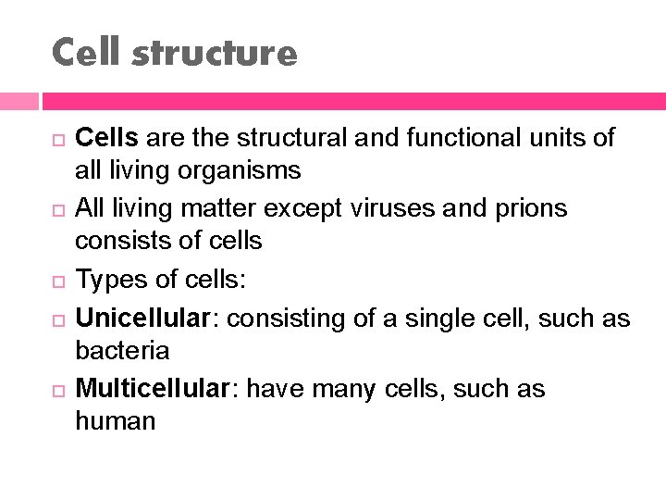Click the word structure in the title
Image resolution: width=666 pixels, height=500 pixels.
pyautogui.click(x=215, y=53)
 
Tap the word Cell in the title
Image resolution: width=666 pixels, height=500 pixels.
pyautogui.click(x=87, y=53)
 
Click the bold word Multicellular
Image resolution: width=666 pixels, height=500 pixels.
pyautogui.click(x=151, y=389)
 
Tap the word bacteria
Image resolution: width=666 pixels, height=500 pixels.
pyautogui.click(x=122, y=351)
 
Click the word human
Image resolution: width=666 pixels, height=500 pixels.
pyautogui.click(x=116, y=421)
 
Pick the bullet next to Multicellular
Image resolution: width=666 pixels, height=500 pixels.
pyautogui.click(x=56, y=390)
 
